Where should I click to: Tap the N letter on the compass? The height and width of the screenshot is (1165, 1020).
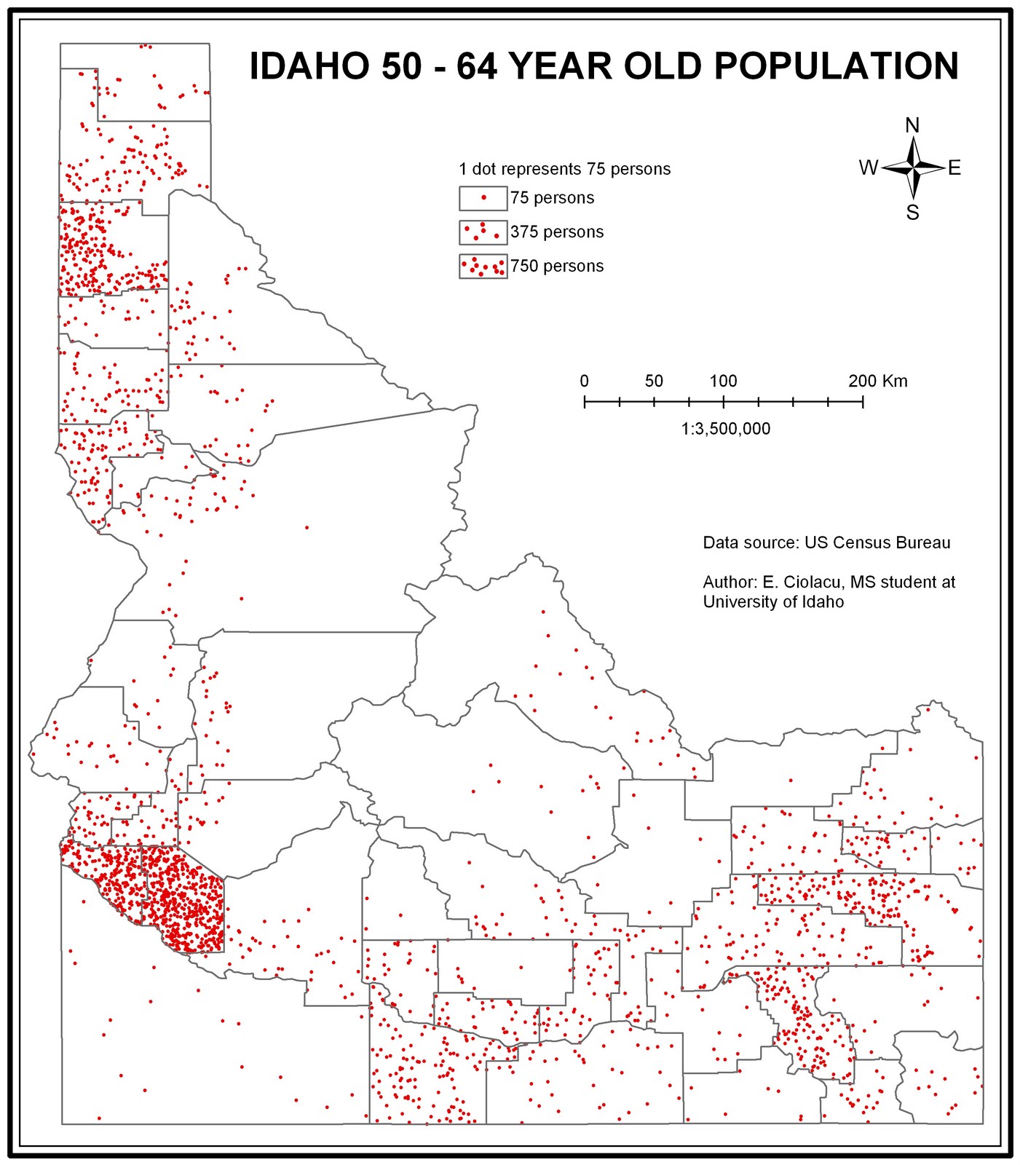pos(912,125)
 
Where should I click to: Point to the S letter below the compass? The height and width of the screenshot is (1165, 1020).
pos(912,213)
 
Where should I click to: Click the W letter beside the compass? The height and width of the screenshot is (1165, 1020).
pos(868,168)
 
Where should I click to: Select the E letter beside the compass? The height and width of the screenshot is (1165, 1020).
pos(954,168)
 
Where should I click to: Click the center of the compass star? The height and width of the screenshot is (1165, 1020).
pos(913,168)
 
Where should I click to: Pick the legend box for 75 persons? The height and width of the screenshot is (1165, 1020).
pos(483,198)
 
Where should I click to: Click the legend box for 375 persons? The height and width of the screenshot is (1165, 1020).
pos(483,232)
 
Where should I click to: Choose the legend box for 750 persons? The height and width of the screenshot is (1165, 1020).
pos(483,266)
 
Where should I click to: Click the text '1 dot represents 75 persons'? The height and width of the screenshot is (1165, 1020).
pos(564,169)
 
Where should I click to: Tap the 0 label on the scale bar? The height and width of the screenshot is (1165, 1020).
pos(584,381)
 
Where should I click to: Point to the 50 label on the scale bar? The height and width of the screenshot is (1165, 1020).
pos(654,381)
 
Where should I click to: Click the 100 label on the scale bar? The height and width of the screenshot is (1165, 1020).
pos(723,381)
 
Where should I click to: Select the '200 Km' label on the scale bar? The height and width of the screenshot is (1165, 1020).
pos(877,381)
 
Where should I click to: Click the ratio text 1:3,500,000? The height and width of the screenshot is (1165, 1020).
pos(725,429)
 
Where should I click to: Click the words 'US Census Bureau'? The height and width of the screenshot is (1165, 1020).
pos(877,542)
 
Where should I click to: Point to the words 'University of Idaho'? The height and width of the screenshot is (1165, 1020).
pos(773,602)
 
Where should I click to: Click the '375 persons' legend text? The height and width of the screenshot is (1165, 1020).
pos(557,232)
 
